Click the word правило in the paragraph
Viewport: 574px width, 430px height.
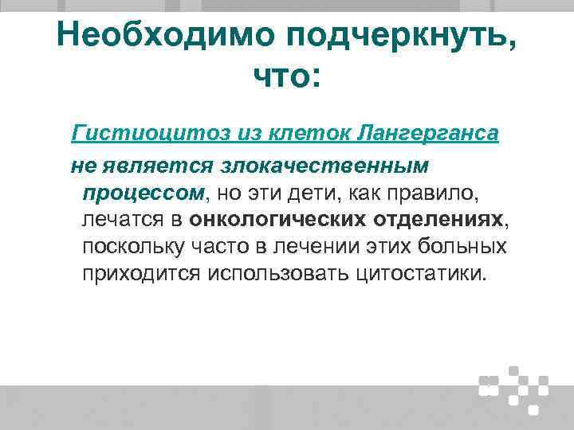click(437, 193)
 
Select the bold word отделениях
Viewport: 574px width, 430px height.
click(438, 219)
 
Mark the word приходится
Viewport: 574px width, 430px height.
click(141, 273)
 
